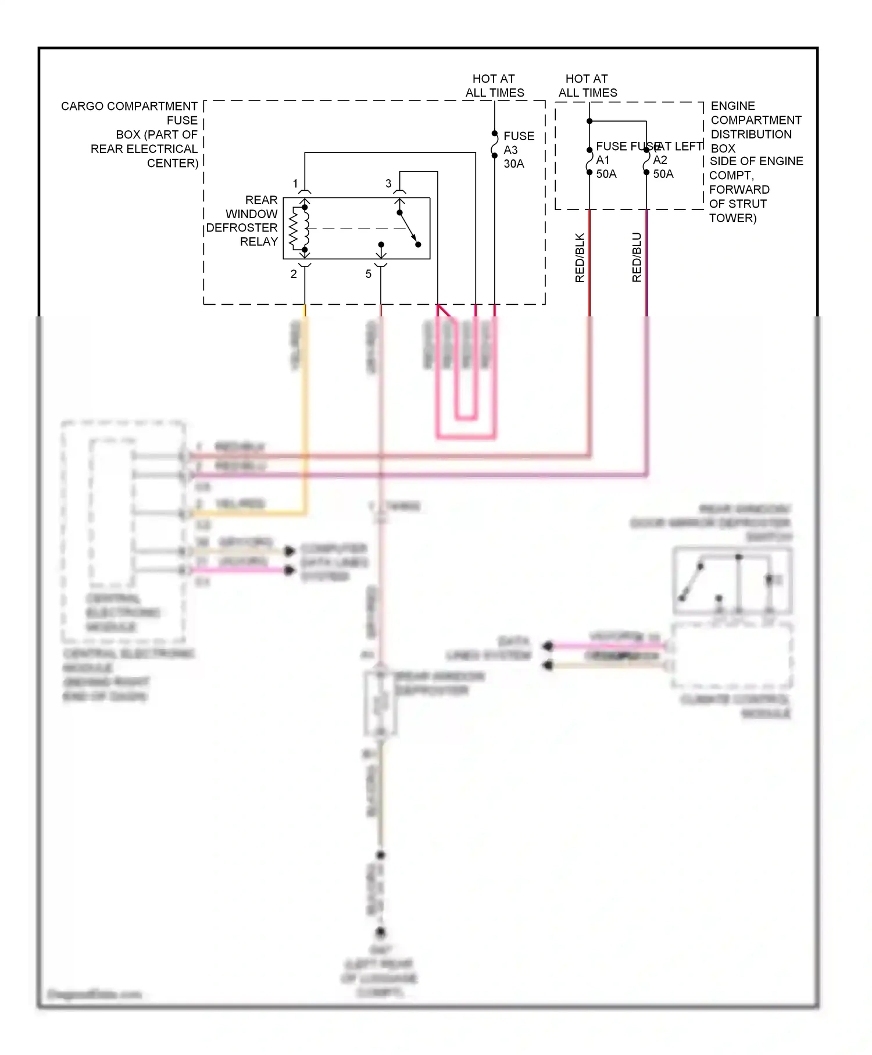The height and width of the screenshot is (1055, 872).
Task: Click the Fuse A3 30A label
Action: click(517, 149)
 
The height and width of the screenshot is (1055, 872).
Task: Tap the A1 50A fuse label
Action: click(606, 166)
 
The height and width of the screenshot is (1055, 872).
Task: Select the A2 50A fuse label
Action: click(663, 166)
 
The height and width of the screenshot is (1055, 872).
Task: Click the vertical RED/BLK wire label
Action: click(580, 258)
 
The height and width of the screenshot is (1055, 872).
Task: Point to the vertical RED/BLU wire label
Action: click(637, 258)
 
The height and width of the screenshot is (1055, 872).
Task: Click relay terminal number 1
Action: click(295, 184)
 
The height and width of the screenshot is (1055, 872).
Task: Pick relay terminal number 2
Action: click(294, 274)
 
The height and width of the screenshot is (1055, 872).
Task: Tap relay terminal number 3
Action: click(388, 184)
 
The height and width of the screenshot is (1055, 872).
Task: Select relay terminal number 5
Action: click(368, 274)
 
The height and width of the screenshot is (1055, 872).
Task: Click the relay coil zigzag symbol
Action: click(294, 228)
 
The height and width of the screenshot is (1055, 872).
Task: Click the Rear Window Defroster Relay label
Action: click(244, 221)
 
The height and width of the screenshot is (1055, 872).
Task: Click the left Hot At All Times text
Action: click(494, 85)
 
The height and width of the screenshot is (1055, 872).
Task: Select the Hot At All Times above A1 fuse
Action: click(587, 85)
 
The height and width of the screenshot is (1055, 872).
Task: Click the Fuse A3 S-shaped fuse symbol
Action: click(495, 144)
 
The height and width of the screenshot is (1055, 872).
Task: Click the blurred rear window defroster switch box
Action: click(732, 580)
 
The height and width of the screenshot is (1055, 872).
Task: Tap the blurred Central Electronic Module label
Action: click(128, 675)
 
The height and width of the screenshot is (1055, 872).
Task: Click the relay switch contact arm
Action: click(408, 228)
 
